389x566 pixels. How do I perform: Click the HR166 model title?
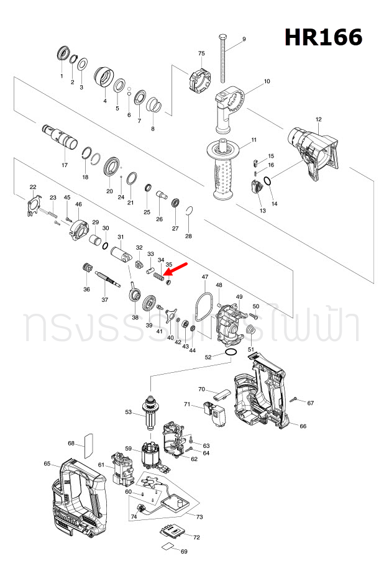tap(323, 37)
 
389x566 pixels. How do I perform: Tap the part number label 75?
tap(201, 54)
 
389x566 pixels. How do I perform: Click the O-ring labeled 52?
tap(231, 353)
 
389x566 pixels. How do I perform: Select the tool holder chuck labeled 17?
tap(61, 136)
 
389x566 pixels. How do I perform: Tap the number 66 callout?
tap(303, 426)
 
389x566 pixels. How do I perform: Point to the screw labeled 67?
tap(297, 399)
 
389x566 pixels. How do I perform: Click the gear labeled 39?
tap(149, 305)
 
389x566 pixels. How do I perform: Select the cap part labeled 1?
tap(62, 53)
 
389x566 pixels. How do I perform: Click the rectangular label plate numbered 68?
tap(88, 444)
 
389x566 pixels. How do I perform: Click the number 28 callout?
tap(188, 236)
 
